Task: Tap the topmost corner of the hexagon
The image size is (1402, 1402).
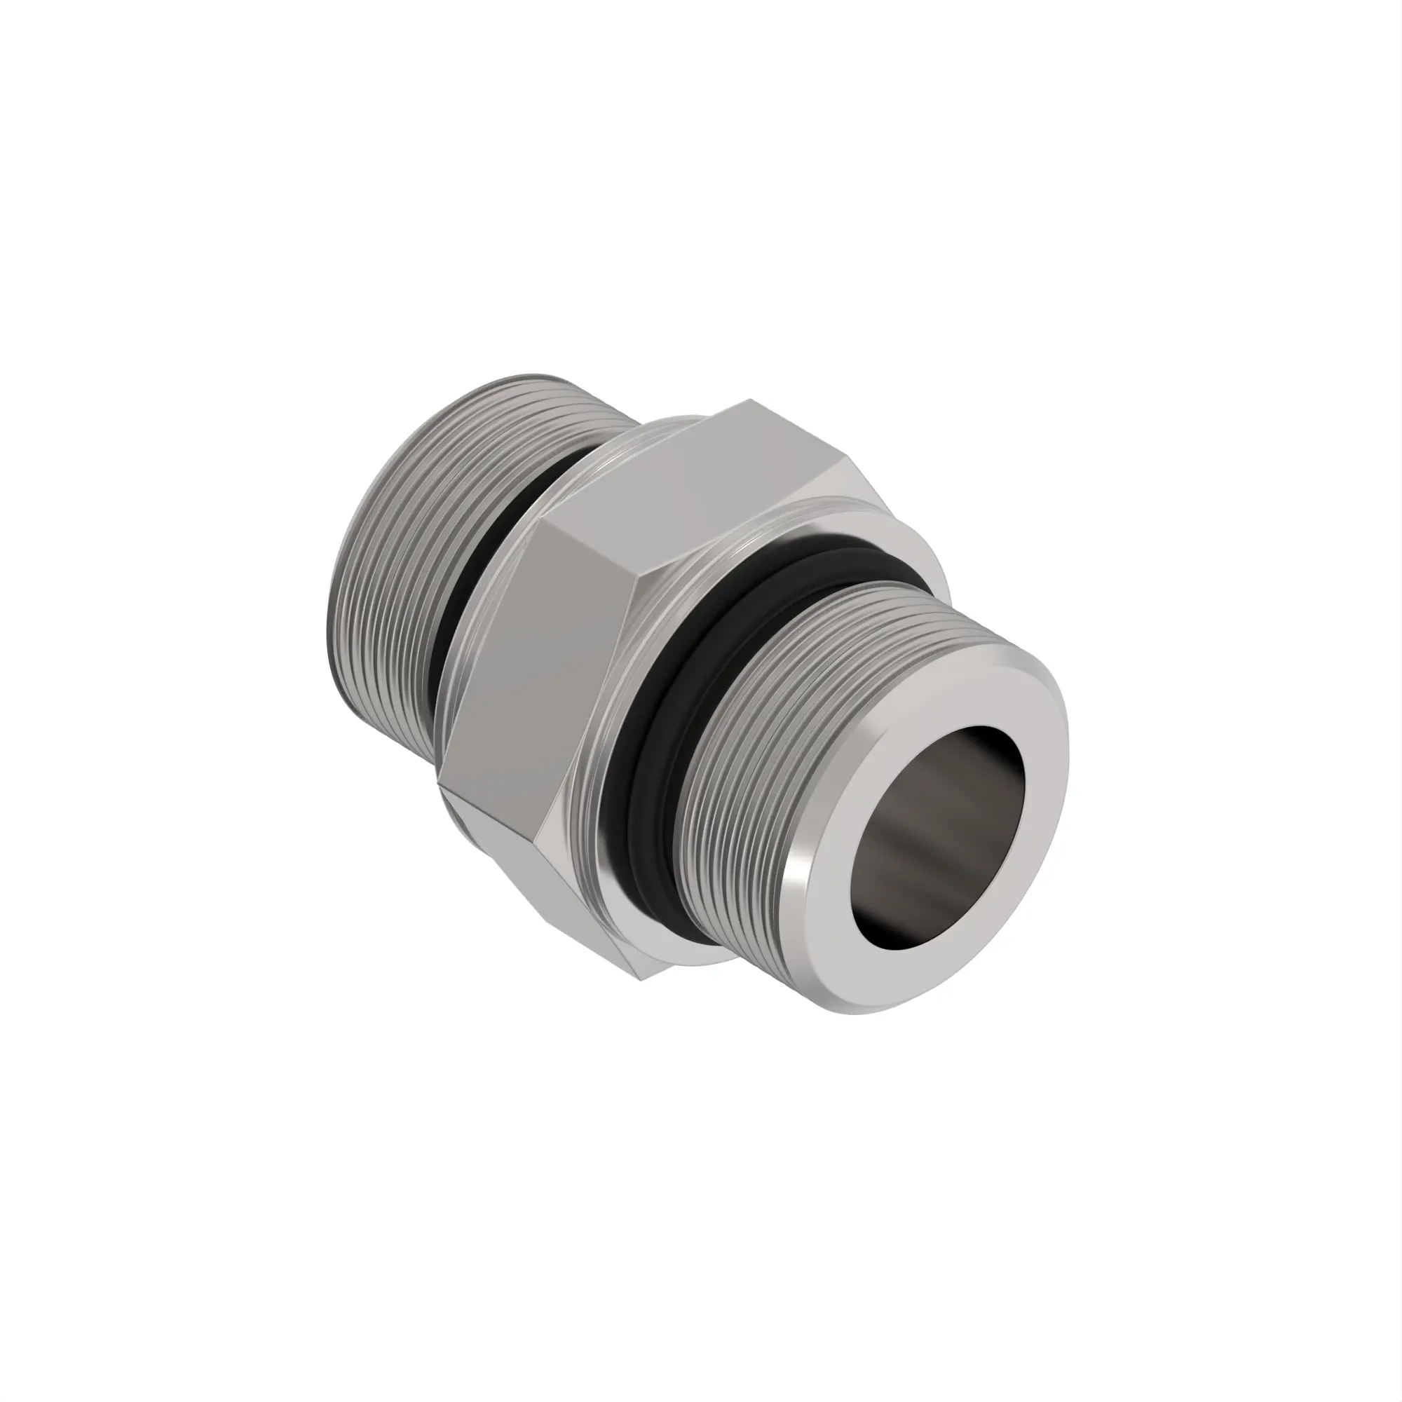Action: click(x=751, y=400)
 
